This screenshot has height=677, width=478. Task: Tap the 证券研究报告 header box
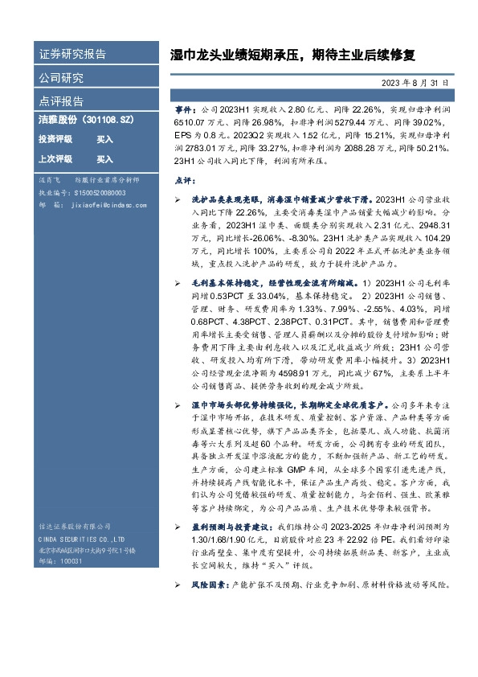(72, 55)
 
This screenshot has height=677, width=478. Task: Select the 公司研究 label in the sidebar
(61, 78)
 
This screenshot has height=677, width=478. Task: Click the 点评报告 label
(61, 101)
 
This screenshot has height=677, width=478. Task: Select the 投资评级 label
(55, 139)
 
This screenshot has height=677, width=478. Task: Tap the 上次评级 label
(55, 159)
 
